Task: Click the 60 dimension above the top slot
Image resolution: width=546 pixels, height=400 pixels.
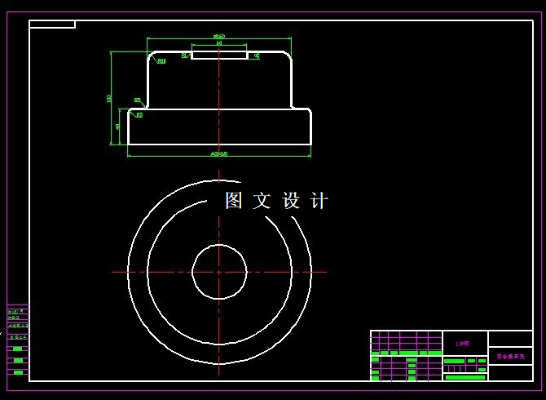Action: tap(219, 42)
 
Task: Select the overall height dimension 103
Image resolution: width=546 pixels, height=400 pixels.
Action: tap(109, 98)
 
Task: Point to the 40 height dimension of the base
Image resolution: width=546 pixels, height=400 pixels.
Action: tap(118, 127)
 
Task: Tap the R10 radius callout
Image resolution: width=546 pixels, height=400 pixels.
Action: tap(161, 60)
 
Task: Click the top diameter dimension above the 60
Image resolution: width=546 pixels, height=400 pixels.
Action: tap(219, 36)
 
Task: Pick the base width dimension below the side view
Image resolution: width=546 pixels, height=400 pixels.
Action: tap(219, 153)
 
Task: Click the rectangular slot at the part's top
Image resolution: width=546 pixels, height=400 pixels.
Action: tap(219, 55)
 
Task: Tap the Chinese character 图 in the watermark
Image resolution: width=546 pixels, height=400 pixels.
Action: tap(234, 201)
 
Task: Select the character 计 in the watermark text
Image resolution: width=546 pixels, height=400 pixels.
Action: tap(319, 201)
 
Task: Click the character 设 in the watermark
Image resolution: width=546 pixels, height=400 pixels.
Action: tap(291, 201)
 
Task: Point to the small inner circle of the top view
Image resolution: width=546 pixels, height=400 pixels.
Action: tap(219, 272)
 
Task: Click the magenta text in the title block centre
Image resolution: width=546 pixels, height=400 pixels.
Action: tap(463, 344)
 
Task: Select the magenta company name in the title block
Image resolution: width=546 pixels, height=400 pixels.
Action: tap(509, 357)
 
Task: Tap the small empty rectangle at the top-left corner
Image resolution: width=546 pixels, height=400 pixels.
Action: tap(52, 24)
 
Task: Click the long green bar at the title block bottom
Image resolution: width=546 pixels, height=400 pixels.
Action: tap(465, 377)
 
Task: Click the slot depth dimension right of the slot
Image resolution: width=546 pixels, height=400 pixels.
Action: tap(257, 56)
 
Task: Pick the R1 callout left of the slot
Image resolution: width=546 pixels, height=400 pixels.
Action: tap(185, 56)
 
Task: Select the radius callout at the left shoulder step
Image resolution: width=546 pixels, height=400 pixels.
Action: tap(137, 100)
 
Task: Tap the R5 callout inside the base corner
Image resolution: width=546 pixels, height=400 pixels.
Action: tap(139, 115)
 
